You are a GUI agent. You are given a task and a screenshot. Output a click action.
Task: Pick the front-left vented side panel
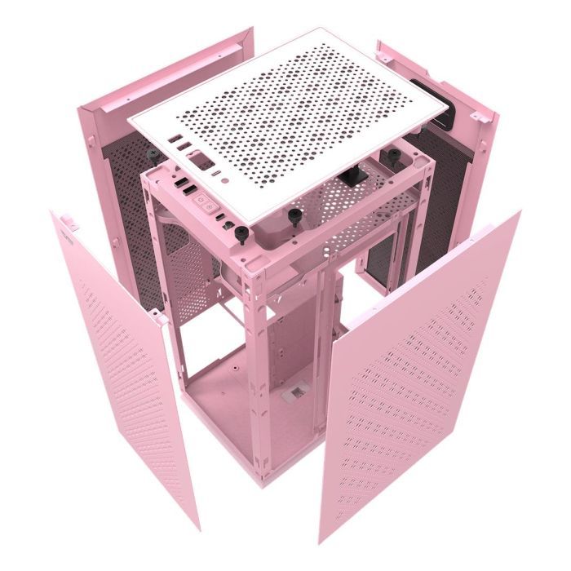coord(122,359)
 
